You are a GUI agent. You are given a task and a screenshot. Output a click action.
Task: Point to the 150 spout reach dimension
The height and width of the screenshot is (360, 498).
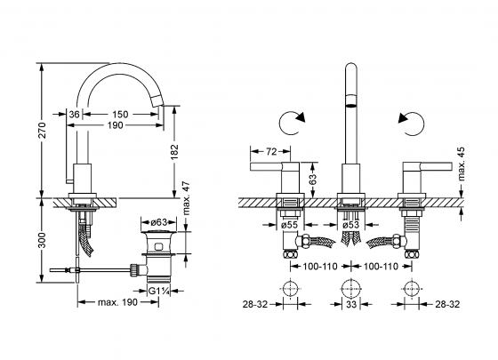[x=120, y=115]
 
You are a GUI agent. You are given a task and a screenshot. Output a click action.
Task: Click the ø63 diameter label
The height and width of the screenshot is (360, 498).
[x=161, y=221]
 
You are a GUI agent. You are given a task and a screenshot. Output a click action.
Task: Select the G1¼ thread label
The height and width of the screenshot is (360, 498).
[x=161, y=288]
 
